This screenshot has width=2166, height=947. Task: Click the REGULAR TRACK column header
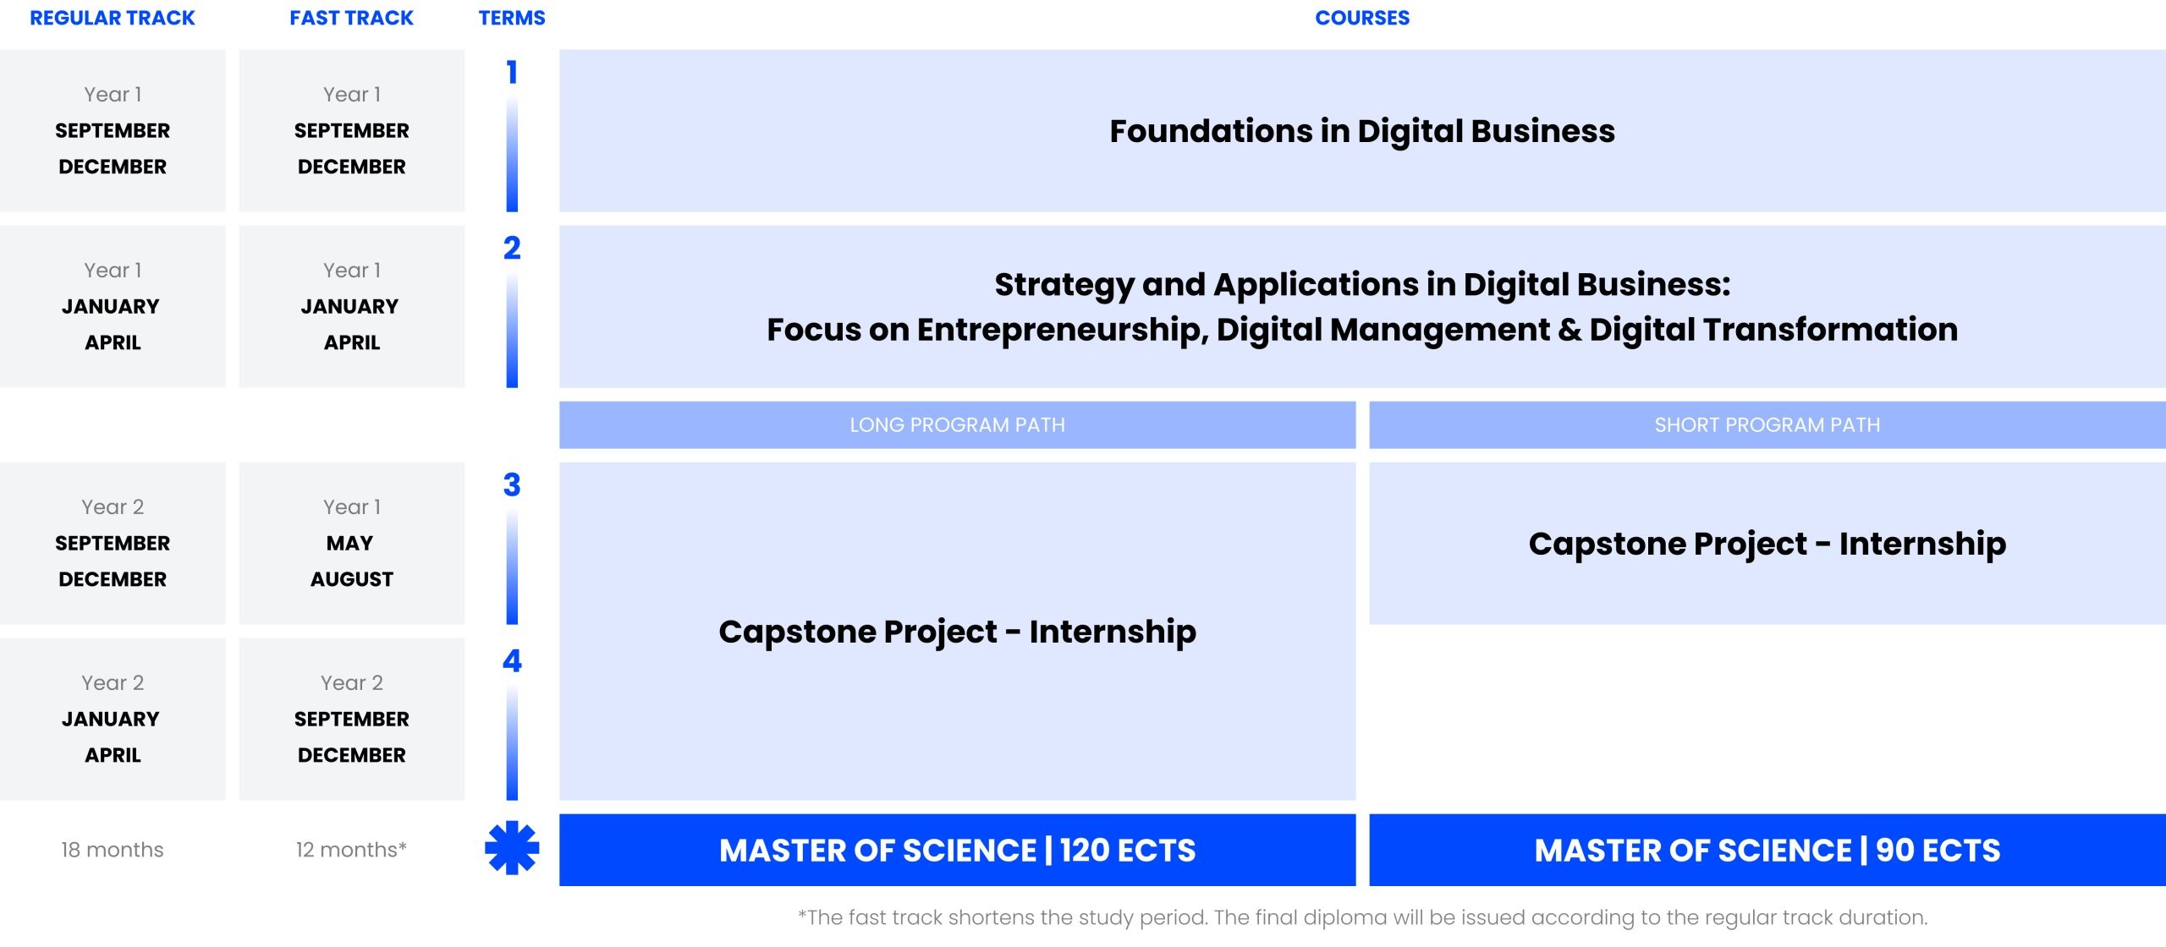(113, 18)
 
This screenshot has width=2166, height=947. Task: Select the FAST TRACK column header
(351, 18)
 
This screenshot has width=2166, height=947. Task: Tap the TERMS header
(512, 18)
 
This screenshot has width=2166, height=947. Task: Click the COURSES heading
(1362, 18)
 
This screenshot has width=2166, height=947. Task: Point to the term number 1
(512, 73)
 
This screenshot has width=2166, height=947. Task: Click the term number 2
(512, 249)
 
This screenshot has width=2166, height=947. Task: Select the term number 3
(512, 485)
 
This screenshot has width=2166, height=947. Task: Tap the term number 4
(512, 661)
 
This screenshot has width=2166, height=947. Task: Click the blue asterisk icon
(512, 848)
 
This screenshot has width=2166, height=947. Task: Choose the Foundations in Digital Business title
(1362, 131)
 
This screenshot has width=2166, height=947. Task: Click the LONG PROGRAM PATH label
(957, 424)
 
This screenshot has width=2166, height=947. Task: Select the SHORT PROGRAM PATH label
(1767, 424)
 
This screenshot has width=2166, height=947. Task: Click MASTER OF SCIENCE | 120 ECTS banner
(957, 850)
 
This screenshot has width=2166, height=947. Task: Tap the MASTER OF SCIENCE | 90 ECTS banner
(1767, 850)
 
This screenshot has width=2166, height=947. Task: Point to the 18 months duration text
(113, 850)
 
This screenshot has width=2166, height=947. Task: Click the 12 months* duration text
(351, 850)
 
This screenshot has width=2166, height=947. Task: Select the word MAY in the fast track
(350, 544)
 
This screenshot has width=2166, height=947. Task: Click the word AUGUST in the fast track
(352, 580)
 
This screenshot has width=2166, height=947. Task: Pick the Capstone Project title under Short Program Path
(1767, 544)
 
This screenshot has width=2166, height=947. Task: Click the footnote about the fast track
(1362, 917)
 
